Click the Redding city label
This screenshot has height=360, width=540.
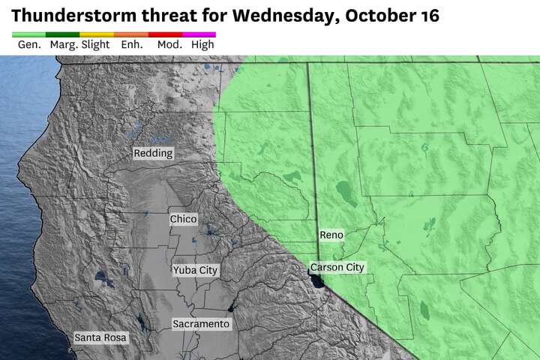153,153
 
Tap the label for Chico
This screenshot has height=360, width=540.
184,219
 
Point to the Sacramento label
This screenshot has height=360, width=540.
201,324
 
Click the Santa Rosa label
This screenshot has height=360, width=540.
101,338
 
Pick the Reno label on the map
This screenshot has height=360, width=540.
331,235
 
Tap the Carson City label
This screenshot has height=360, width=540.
338,267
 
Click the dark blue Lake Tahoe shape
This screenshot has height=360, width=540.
318,280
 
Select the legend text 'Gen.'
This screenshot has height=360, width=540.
28,45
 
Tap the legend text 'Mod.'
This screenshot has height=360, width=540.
167,45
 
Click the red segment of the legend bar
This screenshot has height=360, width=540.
165,34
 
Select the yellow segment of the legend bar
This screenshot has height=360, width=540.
97,34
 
